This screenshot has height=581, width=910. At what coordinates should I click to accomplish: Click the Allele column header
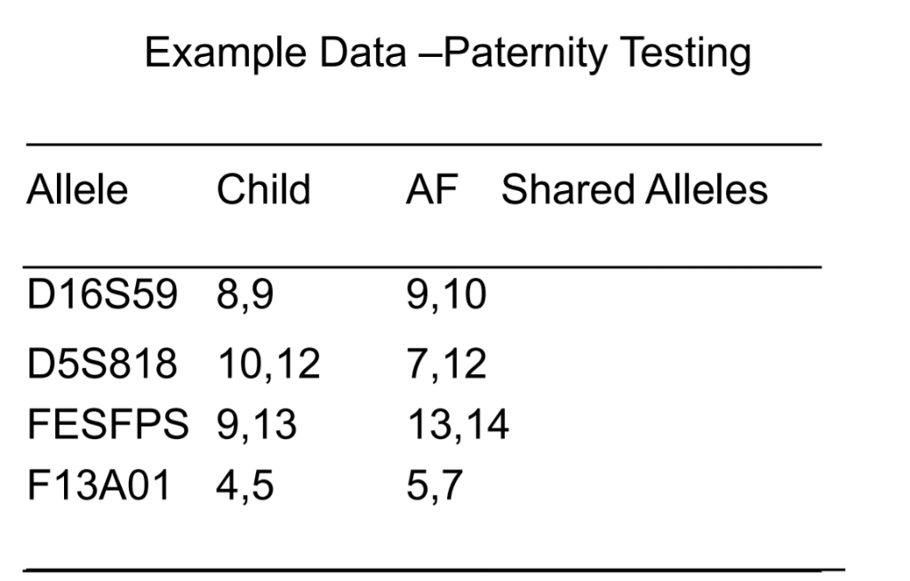[77, 190]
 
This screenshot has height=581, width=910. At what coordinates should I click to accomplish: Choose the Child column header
[264, 190]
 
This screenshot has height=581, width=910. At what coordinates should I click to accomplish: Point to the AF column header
[431, 190]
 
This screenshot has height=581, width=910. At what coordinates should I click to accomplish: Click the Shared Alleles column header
[635, 190]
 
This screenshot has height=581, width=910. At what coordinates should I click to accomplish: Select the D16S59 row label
[102, 296]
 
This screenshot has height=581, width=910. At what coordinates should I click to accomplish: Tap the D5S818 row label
[102, 363]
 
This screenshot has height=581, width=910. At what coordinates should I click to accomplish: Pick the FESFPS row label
[108, 425]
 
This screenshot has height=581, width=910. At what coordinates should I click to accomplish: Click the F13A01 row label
[98, 486]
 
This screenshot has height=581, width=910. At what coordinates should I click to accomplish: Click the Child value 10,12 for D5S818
[268, 364]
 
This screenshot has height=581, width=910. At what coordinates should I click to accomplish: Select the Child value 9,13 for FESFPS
[257, 426]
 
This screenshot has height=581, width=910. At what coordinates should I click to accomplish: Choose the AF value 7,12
[446, 364]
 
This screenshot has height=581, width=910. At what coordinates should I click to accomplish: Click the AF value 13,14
[458, 426]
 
